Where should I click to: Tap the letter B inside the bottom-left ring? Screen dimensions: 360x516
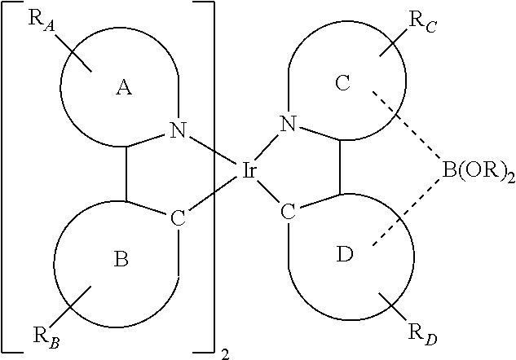pyautogui.click(x=121, y=260)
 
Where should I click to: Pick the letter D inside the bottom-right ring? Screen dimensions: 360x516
pyautogui.click(x=344, y=256)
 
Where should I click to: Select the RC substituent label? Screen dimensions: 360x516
pyautogui.click(x=424, y=22)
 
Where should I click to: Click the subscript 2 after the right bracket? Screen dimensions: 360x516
pyautogui.click(x=223, y=354)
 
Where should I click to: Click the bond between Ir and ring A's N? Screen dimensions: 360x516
pyautogui.click(x=213, y=149)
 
